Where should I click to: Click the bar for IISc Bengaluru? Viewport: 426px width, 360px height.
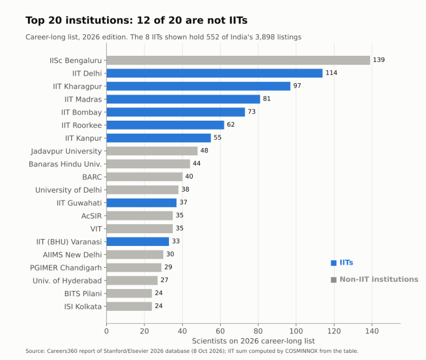tap(238, 60)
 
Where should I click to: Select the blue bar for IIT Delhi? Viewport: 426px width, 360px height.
tap(215, 73)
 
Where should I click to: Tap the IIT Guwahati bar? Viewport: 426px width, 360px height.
tap(141, 203)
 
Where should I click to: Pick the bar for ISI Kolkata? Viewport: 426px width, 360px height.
tap(129, 306)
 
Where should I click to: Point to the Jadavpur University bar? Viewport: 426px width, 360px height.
tap(152, 151)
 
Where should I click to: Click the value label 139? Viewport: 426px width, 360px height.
tap(379, 60)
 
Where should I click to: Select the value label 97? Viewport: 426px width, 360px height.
tap(297, 86)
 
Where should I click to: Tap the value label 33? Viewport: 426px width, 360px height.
tap(176, 241)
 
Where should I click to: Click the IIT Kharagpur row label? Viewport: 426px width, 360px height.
tap(78, 86)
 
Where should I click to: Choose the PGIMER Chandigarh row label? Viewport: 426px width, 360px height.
tap(66, 268)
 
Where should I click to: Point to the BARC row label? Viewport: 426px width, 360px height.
tap(92, 177)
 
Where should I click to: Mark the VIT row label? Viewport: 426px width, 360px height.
tap(96, 229)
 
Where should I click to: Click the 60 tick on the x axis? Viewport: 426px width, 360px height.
tap(220, 331)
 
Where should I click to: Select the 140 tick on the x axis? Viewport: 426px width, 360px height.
tap(372, 331)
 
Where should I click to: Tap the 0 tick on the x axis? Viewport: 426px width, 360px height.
tap(106, 331)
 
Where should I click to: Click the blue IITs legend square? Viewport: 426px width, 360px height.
tap(334, 263)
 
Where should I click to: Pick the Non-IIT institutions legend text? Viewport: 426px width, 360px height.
tap(379, 279)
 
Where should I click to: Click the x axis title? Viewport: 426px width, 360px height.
tap(254, 341)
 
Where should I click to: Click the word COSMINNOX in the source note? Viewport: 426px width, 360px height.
tap(301, 351)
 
